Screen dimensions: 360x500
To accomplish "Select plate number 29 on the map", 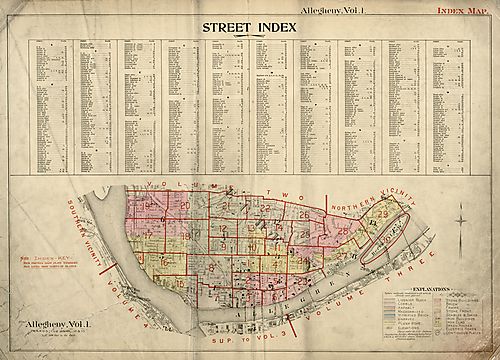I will pos(382,214).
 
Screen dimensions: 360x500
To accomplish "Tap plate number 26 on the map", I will pos(304,213).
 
